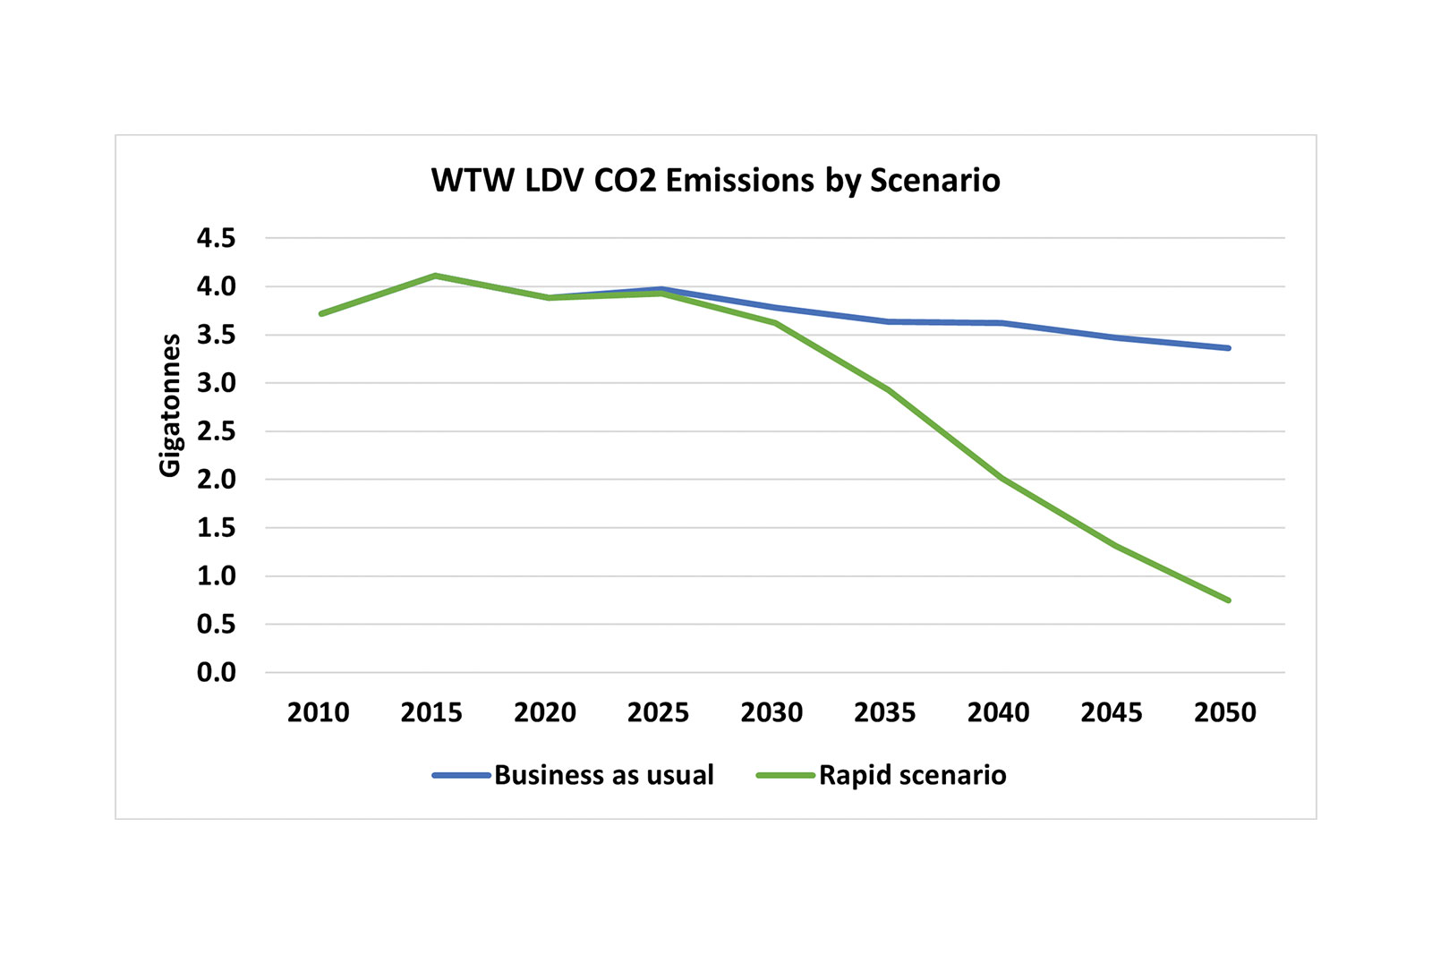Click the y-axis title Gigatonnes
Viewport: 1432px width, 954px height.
point(170,405)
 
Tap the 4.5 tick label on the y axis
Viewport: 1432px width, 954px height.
point(216,238)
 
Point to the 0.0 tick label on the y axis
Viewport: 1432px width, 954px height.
point(216,672)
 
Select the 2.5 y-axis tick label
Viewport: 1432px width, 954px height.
point(216,431)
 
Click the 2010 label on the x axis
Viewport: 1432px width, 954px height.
point(318,712)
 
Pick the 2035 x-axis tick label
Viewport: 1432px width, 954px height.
point(884,712)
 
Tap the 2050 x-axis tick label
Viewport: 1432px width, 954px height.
point(1224,712)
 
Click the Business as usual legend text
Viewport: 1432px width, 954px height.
point(603,775)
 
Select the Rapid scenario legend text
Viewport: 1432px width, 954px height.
point(912,775)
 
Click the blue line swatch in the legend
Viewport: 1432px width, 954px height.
point(461,775)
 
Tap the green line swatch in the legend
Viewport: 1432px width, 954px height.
point(785,775)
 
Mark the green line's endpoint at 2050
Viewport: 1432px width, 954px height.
point(1228,600)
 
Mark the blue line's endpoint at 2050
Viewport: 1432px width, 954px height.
point(1228,348)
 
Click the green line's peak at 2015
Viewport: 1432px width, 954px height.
point(435,276)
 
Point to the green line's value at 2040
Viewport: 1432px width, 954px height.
point(1002,478)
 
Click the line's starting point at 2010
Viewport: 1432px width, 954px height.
point(321,313)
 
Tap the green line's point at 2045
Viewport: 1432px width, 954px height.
point(1115,546)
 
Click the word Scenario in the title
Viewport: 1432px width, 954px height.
point(934,181)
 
